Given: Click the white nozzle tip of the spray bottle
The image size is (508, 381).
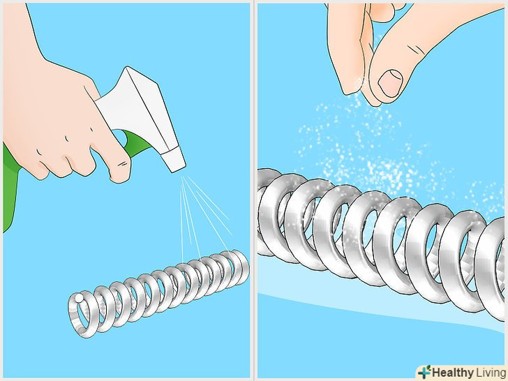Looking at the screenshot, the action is (174, 159).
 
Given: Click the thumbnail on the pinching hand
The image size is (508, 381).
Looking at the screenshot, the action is (390, 83).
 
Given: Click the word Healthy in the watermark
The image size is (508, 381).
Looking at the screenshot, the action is (453, 372).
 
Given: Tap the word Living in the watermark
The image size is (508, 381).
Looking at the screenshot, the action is (490, 372).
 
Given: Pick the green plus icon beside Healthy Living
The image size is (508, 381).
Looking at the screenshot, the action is (424, 372).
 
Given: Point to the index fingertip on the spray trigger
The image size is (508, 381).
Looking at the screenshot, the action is (121, 172).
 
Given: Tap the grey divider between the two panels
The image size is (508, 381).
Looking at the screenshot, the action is (254, 190).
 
